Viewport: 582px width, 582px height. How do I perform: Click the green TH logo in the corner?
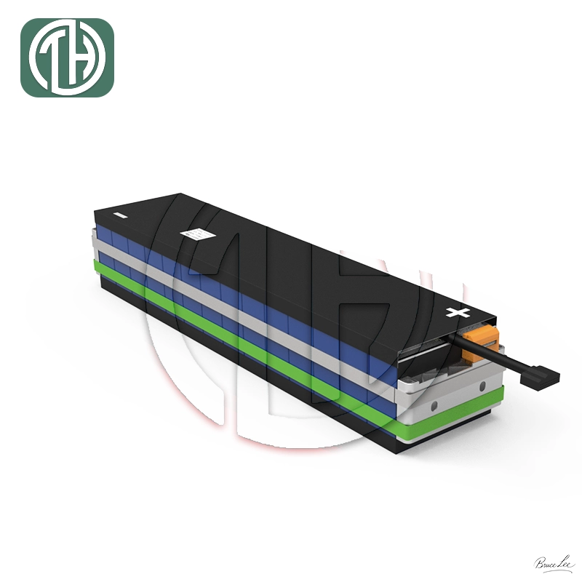coord(67,57)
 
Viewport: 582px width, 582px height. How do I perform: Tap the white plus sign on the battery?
coord(458,314)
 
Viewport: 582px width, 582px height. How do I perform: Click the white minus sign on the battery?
coord(121,215)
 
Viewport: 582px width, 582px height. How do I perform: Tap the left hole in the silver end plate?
coord(434,404)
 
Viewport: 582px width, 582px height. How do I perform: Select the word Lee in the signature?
coord(566,562)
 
